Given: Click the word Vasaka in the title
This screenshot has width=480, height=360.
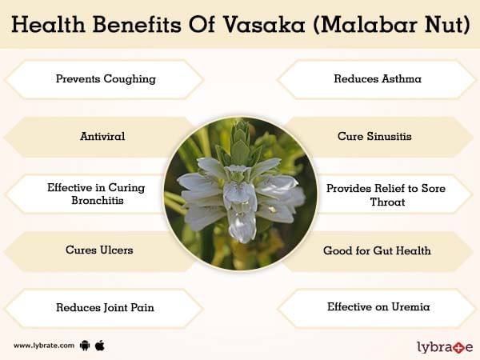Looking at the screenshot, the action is tap(264, 24).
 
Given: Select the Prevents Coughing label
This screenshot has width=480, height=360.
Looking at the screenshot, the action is tap(106, 79).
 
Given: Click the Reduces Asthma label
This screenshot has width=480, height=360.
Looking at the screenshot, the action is tap(378, 78).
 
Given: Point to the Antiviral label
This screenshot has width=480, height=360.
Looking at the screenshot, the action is tap(102, 136).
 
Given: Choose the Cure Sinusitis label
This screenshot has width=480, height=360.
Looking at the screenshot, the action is tap(374, 136).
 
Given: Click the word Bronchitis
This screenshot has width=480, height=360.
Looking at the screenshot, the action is tap(98, 201).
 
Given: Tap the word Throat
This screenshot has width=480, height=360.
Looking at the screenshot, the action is tap(387, 202).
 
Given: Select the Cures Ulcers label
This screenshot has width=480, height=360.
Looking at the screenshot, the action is tap(99, 250).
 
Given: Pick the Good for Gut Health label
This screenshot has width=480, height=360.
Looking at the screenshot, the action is tap(377, 250).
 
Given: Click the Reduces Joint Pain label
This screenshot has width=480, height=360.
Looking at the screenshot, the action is tap(105, 308).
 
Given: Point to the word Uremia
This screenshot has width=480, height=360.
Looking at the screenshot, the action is tap(410, 306).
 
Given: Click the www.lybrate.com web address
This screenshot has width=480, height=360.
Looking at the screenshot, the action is tap(44, 346).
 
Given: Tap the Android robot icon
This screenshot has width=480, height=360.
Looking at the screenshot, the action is tap(85, 346).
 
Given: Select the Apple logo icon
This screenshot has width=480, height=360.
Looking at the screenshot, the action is tap(100, 346).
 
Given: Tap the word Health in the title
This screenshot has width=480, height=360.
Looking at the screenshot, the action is tap(48, 24).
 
